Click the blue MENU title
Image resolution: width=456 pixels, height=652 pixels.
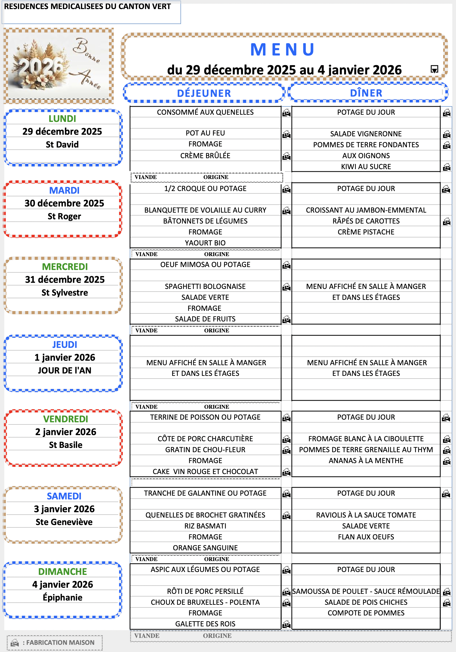point(282,50)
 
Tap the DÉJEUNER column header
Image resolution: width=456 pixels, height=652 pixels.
point(204,93)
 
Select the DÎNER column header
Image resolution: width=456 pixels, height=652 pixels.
point(366,93)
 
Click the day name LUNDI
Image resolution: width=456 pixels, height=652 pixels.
point(62,119)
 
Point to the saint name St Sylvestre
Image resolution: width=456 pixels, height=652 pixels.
point(65,292)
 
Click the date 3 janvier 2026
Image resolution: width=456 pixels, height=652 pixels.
point(64,509)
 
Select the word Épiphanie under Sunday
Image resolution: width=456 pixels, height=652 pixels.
point(62,598)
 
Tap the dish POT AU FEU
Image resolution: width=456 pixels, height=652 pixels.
point(205,133)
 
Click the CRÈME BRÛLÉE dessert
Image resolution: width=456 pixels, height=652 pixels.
point(205,156)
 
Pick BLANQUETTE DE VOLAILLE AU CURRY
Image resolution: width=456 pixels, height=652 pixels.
point(205,210)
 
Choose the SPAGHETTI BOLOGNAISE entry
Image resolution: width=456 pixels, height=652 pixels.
point(205,286)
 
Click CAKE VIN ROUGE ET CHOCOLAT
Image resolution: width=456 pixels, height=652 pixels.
point(205,471)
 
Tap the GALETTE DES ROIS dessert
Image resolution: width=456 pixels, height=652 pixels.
point(205,624)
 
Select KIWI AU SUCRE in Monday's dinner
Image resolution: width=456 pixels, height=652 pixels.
point(366,167)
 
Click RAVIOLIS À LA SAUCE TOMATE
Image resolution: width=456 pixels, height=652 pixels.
point(366,515)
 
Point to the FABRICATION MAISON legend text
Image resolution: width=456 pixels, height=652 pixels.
point(60,642)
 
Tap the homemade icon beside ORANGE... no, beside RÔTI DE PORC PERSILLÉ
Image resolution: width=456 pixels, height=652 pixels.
point(286,591)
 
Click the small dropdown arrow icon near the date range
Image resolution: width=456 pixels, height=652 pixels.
point(434,69)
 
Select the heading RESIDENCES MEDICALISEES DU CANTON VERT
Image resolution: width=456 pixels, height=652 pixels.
point(88,6)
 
